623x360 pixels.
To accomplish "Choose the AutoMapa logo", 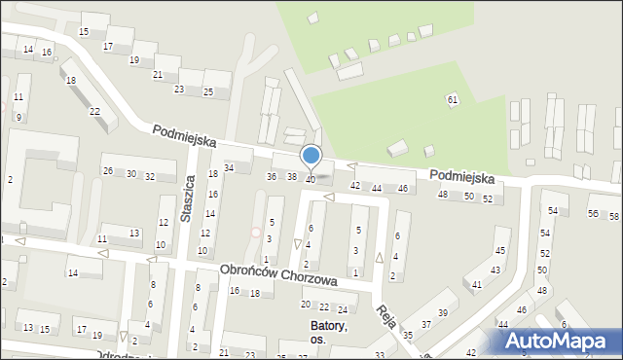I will pos(561,342).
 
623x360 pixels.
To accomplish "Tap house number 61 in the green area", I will pos(452,100).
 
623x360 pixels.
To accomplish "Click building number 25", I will pos(207,91).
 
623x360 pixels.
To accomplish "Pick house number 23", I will pos(179,89).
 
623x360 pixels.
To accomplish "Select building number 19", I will pos(133,59).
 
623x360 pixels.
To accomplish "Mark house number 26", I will pos(108,171).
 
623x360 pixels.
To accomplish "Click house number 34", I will pos(229,168).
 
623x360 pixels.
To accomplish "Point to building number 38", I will pos(291,176).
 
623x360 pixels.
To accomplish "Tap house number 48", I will pos(443,196).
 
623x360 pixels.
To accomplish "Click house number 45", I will pos(500,251).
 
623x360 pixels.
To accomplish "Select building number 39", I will pos(442,312).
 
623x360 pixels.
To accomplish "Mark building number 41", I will pos(477,284).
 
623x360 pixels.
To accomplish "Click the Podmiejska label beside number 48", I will pos(461,178).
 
